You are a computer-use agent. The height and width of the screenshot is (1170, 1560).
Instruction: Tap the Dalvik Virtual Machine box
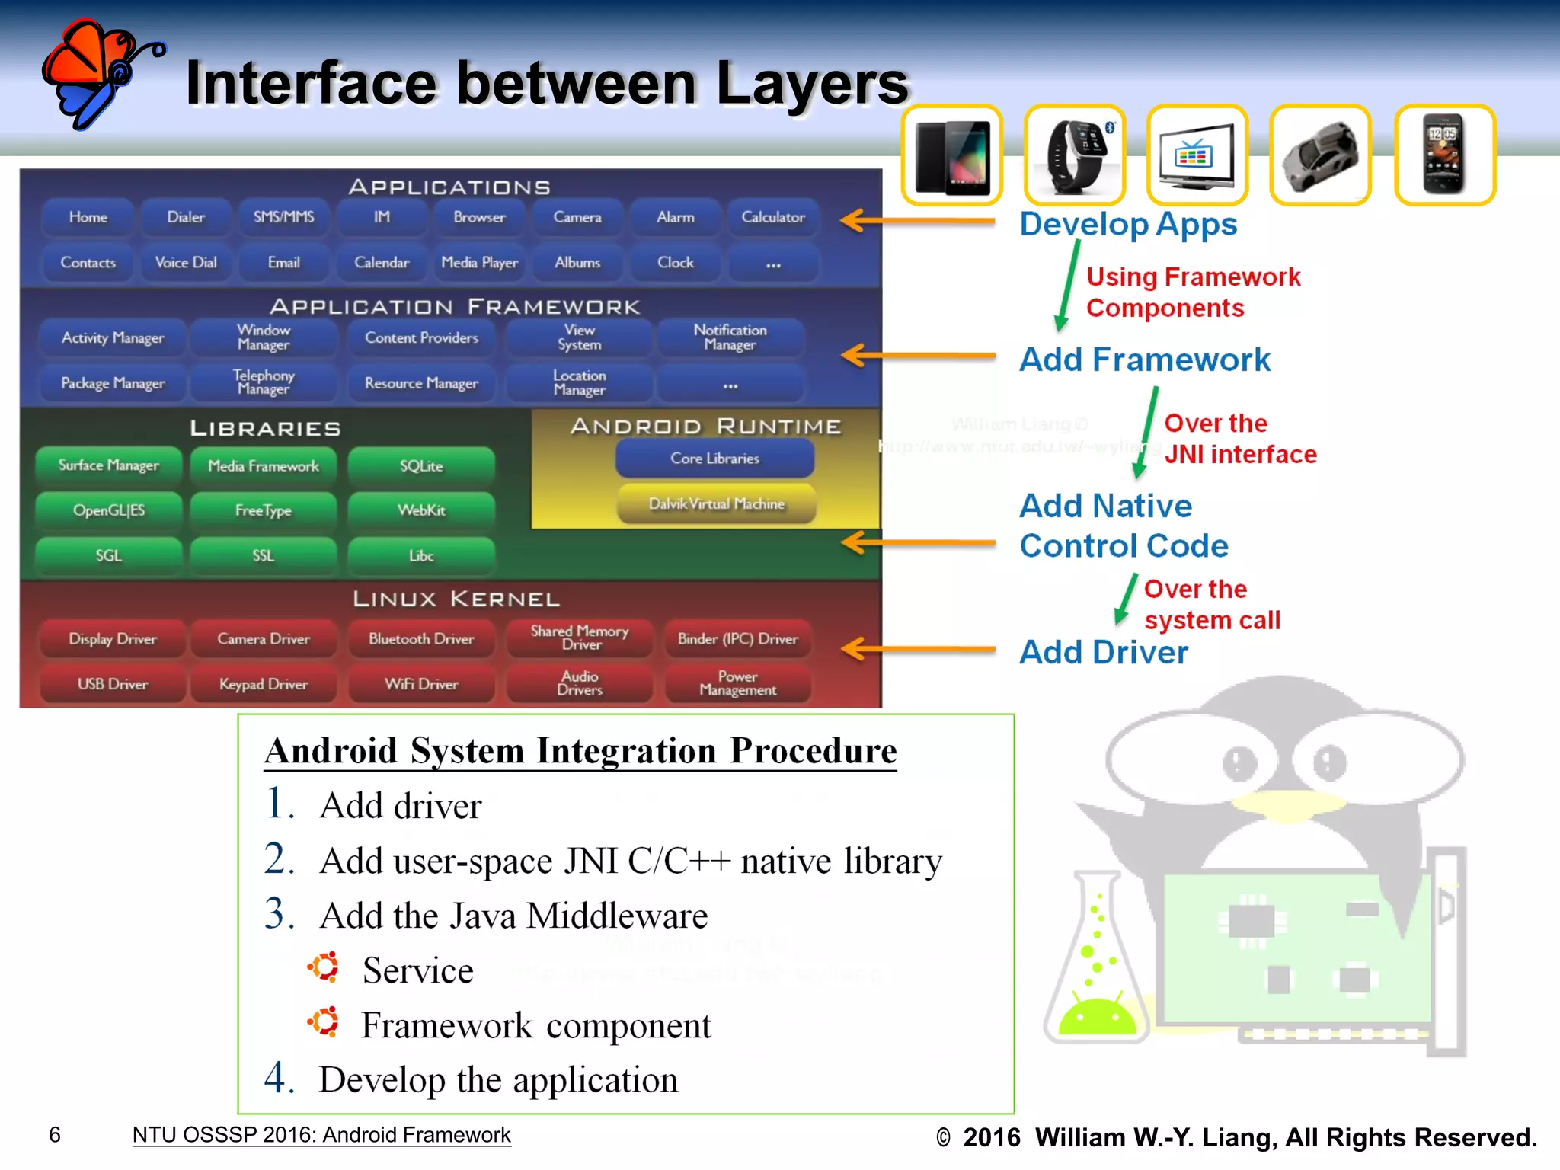(716, 504)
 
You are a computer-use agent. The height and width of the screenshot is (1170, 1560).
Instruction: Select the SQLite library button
(421, 466)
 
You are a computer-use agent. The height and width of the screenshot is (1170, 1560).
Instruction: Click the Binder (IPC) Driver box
(737, 639)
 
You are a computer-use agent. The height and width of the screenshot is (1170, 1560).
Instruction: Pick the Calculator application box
(772, 217)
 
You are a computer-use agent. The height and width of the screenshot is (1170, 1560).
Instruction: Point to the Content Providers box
(421, 338)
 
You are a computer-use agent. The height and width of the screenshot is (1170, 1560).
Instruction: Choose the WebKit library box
(421, 510)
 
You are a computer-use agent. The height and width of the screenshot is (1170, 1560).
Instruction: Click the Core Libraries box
(714, 459)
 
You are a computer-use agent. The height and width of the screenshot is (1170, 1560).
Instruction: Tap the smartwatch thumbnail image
(1075, 155)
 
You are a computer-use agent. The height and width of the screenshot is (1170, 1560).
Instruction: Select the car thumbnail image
(1320, 155)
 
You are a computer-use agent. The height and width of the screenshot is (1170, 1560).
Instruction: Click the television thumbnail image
(1197, 155)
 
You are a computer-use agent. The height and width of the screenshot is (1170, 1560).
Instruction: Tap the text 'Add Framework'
(1144, 360)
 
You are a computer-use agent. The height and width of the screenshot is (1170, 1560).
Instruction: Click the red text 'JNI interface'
(1240, 455)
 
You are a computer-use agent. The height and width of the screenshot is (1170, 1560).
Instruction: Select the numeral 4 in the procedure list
(278, 1078)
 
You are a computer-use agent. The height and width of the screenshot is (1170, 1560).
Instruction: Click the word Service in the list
(417, 970)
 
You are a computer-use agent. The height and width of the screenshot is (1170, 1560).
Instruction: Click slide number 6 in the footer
(55, 1135)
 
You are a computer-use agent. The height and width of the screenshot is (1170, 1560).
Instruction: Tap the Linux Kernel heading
(456, 599)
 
